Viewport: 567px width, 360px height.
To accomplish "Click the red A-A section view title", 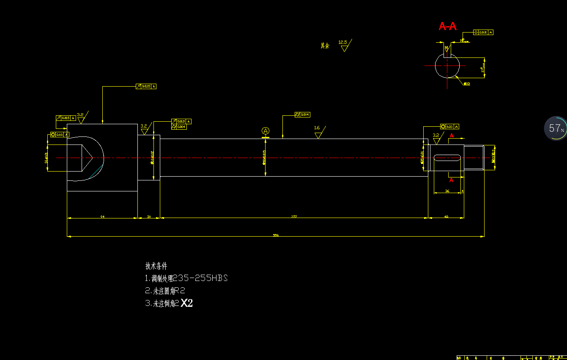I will [447, 26].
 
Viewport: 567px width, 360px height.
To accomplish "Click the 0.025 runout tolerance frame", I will [146, 86].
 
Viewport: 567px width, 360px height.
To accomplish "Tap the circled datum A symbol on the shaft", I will [266, 131].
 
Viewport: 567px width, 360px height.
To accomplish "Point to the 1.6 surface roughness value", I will [317, 128].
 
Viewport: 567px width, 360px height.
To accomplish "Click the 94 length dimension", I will [102, 216].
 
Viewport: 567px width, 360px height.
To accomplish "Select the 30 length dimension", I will [149, 216].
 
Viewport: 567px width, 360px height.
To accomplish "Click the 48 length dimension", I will [446, 216].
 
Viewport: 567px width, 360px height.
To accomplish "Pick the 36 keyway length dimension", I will [447, 191].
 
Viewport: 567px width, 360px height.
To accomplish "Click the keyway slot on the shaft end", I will [447, 158].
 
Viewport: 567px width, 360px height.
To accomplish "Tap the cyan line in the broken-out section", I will [97, 172].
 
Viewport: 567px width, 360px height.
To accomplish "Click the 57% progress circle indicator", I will [556, 128].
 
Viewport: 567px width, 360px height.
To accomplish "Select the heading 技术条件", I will [156, 266].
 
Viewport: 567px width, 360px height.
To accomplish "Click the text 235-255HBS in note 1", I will [200, 278].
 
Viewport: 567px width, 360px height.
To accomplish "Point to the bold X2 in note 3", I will [186, 303].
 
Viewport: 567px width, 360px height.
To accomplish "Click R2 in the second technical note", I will [180, 291].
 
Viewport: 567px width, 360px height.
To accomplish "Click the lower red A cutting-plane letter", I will [451, 180].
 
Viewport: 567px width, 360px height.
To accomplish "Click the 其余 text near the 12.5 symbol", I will [325, 46].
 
